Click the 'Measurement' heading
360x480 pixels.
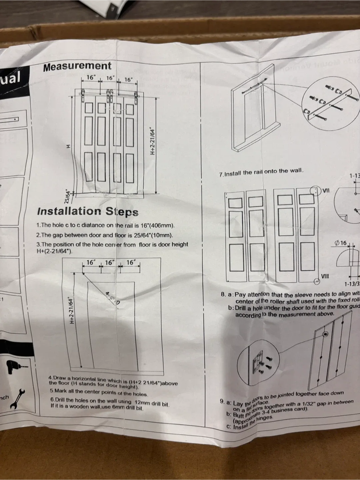pos(77,66)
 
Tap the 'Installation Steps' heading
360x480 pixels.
pos(88,211)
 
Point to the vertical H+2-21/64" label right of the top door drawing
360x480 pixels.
pos(152,141)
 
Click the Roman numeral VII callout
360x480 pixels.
pos(326,190)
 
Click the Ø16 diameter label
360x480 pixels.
pos(341,243)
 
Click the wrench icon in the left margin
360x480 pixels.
pos(15,398)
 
